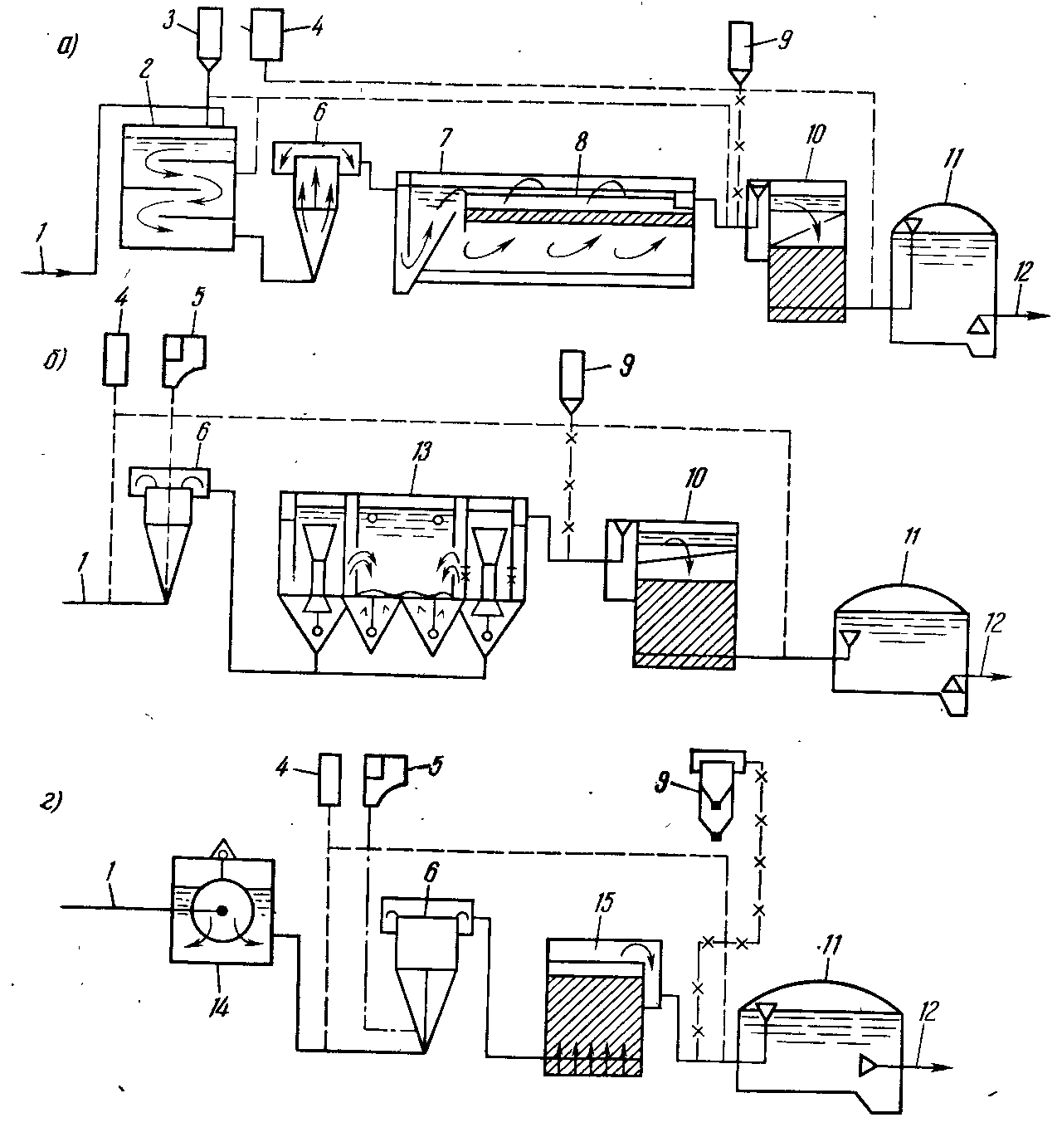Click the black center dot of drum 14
coord(222,910)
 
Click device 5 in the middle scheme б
coord(183,359)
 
